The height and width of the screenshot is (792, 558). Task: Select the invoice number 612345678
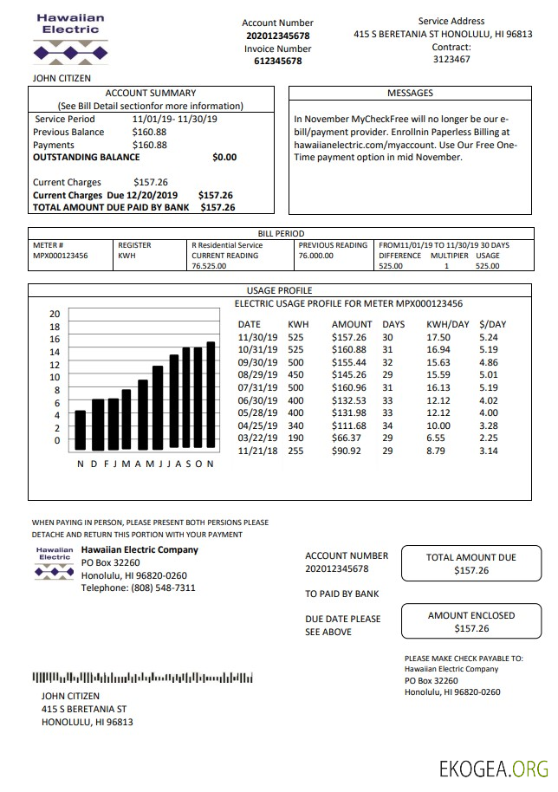(x=277, y=62)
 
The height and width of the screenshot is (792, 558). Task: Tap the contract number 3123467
(x=451, y=60)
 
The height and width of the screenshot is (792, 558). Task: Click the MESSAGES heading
(x=410, y=93)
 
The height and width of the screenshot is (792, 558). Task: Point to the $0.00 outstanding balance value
(x=224, y=158)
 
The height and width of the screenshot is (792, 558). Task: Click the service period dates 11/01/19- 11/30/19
(x=175, y=120)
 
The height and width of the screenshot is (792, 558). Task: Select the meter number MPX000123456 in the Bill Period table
(x=60, y=256)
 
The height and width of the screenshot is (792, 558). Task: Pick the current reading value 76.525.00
(x=209, y=267)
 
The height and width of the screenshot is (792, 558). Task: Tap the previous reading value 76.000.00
(x=316, y=256)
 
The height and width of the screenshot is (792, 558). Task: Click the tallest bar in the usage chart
(x=211, y=396)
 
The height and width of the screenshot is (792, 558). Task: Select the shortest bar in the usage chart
(x=81, y=430)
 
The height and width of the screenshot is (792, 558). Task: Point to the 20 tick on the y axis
(x=55, y=314)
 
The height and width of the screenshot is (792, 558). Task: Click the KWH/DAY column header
(x=447, y=324)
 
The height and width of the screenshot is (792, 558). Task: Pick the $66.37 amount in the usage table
(x=348, y=438)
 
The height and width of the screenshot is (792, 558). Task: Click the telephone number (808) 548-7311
(x=139, y=588)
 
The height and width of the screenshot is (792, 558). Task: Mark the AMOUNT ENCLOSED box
(x=470, y=622)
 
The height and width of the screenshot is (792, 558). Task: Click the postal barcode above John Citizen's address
(x=142, y=678)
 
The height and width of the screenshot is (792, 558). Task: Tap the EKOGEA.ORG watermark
(x=494, y=769)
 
